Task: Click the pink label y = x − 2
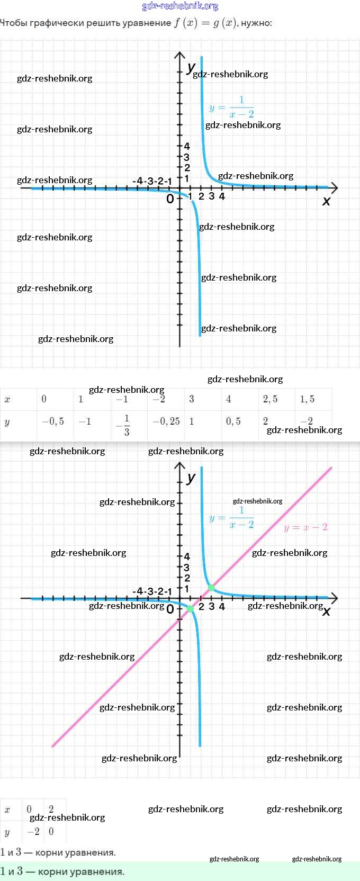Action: (x=305, y=527)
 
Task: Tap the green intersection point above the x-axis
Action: (x=211, y=588)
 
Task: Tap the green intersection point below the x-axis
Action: (x=191, y=609)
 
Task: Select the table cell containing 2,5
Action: (x=270, y=399)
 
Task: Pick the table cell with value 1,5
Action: (x=307, y=399)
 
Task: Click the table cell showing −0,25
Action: (x=166, y=421)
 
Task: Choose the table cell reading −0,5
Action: (x=53, y=421)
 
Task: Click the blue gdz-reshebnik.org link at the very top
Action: (x=180, y=6)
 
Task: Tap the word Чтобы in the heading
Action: (x=14, y=23)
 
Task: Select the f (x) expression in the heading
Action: (x=185, y=23)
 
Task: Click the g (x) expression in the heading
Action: (x=225, y=23)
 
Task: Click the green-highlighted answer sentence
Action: (x=62, y=871)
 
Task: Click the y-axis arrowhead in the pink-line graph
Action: (x=179, y=466)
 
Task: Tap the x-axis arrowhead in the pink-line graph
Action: (x=334, y=598)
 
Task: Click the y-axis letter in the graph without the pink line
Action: (x=191, y=67)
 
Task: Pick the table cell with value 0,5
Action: (x=233, y=421)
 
